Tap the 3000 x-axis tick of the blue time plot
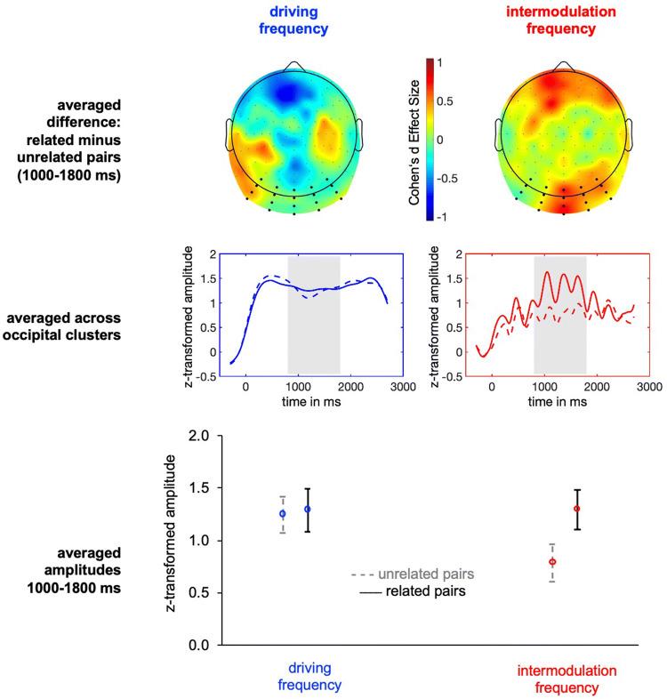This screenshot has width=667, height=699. coord(404,387)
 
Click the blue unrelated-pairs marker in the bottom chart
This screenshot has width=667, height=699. coord(283,514)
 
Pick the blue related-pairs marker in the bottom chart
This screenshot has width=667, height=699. coord(308,510)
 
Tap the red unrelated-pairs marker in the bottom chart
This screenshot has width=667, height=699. coord(552,562)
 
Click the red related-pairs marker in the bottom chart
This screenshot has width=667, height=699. coord(577,509)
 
